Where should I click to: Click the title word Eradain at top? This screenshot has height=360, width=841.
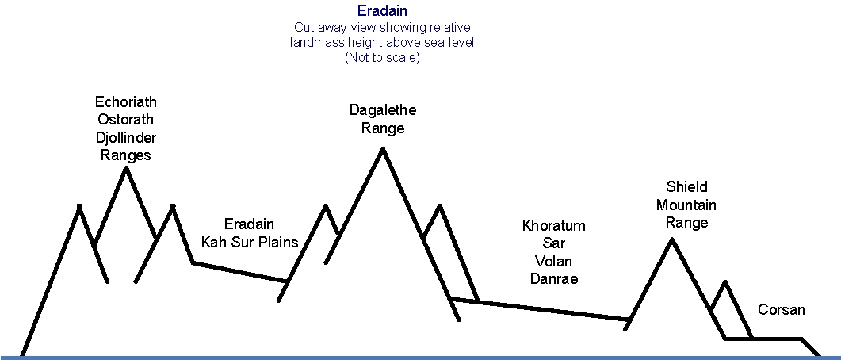point(382,11)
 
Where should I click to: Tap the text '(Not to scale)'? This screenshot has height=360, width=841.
point(382,57)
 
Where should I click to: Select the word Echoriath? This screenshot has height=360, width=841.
point(126,101)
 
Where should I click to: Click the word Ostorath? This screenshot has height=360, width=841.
point(126,119)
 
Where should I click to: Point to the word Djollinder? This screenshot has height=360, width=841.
point(126,138)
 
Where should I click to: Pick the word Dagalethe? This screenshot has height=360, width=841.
point(382,110)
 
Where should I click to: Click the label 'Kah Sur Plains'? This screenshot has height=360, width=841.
point(250,242)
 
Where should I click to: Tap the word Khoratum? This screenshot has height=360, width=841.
point(553,226)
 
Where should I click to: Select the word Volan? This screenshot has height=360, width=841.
point(553,262)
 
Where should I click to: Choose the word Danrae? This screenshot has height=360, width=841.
point(554,279)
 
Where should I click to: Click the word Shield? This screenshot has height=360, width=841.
point(686,186)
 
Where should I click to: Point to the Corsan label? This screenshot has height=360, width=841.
point(782,309)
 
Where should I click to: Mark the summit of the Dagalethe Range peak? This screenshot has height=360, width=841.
point(382,148)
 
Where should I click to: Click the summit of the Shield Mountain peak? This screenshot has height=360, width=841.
point(671,239)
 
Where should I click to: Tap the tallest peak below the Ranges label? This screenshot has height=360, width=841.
point(126,168)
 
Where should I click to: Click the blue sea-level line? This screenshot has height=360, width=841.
point(420,358)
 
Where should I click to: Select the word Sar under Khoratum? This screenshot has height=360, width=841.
point(553,243)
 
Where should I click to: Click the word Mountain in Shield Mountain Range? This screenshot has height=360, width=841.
point(686,205)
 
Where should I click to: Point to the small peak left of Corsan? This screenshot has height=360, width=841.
point(725,281)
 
